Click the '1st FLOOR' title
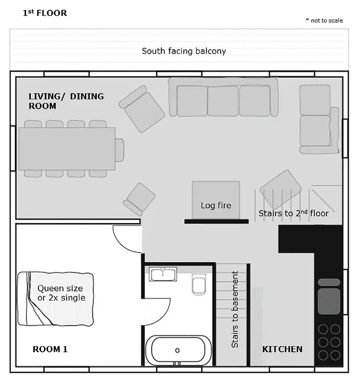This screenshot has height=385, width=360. [x=45, y=13]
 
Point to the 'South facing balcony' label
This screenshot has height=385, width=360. [x=184, y=51]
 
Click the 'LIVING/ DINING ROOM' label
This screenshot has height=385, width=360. [x=66, y=101]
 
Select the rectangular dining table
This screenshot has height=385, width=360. [x=67, y=149]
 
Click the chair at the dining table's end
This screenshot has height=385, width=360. [x=119, y=150]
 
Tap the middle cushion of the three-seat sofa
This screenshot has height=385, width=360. [x=222, y=101]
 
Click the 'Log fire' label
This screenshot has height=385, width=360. [x=216, y=205]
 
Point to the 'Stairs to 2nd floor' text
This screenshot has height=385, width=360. [x=293, y=213]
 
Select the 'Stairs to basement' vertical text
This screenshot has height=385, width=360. [x=235, y=309]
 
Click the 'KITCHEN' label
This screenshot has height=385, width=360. [x=282, y=349]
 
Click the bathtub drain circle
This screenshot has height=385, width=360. [x=177, y=350]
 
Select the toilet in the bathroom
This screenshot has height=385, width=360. [x=199, y=285]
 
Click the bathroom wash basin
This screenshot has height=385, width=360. [x=163, y=274]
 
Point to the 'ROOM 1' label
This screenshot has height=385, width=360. [x=50, y=349]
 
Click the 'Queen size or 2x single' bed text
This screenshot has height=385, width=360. [x=61, y=293]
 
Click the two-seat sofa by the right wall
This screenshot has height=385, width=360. [x=319, y=119]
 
